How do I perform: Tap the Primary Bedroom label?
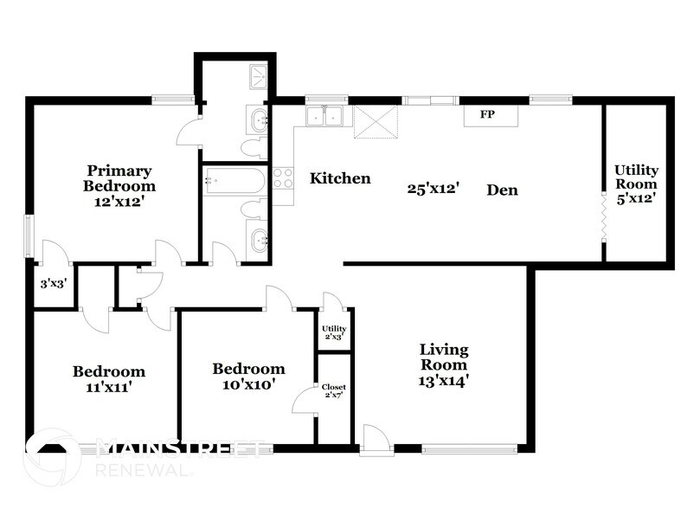click(119, 185)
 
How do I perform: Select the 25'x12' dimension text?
click(433, 186)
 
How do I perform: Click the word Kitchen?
click(341, 179)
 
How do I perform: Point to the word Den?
click(502, 189)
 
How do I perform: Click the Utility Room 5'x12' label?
click(636, 184)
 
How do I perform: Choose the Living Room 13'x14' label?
click(444, 364)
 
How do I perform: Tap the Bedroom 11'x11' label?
click(108, 379)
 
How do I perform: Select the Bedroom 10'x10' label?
click(248, 377)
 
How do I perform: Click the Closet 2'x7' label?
click(333, 391)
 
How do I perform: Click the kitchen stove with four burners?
click(283, 178)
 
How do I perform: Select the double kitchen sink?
click(325, 115)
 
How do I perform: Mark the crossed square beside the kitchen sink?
click(376, 121)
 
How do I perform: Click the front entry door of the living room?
click(376, 439)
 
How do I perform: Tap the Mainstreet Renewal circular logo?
click(52, 456)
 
